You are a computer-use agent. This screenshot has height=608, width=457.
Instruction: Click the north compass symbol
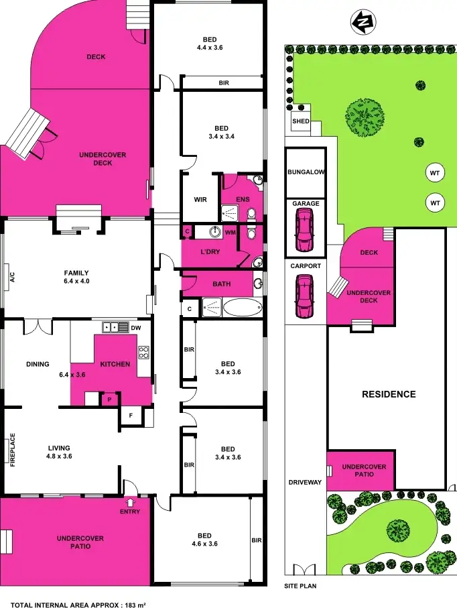pyautogui.click(x=363, y=23)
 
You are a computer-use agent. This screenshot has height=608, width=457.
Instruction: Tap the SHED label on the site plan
pyautogui.click(x=300, y=121)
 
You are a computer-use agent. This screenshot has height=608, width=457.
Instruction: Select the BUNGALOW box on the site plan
pyautogui.click(x=306, y=172)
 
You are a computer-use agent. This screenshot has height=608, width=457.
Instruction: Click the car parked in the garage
pyautogui.click(x=305, y=229)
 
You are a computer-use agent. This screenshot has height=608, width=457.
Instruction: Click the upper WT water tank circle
pyautogui.click(x=435, y=173)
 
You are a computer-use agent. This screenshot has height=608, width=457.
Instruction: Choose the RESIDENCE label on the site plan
pyautogui.click(x=389, y=394)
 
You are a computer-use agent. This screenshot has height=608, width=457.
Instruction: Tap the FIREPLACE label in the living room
pyautogui.click(x=13, y=453)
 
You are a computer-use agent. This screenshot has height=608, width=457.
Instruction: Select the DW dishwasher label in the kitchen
pyautogui.click(x=137, y=328)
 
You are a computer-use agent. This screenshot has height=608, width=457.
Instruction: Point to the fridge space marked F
pyautogui.click(x=130, y=416)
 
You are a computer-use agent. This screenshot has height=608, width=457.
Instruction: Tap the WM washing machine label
pyautogui.click(x=230, y=233)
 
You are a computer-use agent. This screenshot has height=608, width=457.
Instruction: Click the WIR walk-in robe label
pyautogui.click(x=200, y=199)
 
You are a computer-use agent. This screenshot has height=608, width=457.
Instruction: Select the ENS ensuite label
pyautogui.click(x=243, y=199)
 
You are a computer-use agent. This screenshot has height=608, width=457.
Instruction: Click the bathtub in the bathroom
pyautogui.click(x=243, y=309)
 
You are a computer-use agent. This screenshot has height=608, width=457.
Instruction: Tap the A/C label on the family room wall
pyautogui.click(x=12, y=276)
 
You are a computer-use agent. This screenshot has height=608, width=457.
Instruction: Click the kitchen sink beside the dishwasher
pyautogui.click(x=115, y=327)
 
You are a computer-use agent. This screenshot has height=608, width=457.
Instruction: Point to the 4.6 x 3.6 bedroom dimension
pyautogui.click(x=204, y=544)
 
